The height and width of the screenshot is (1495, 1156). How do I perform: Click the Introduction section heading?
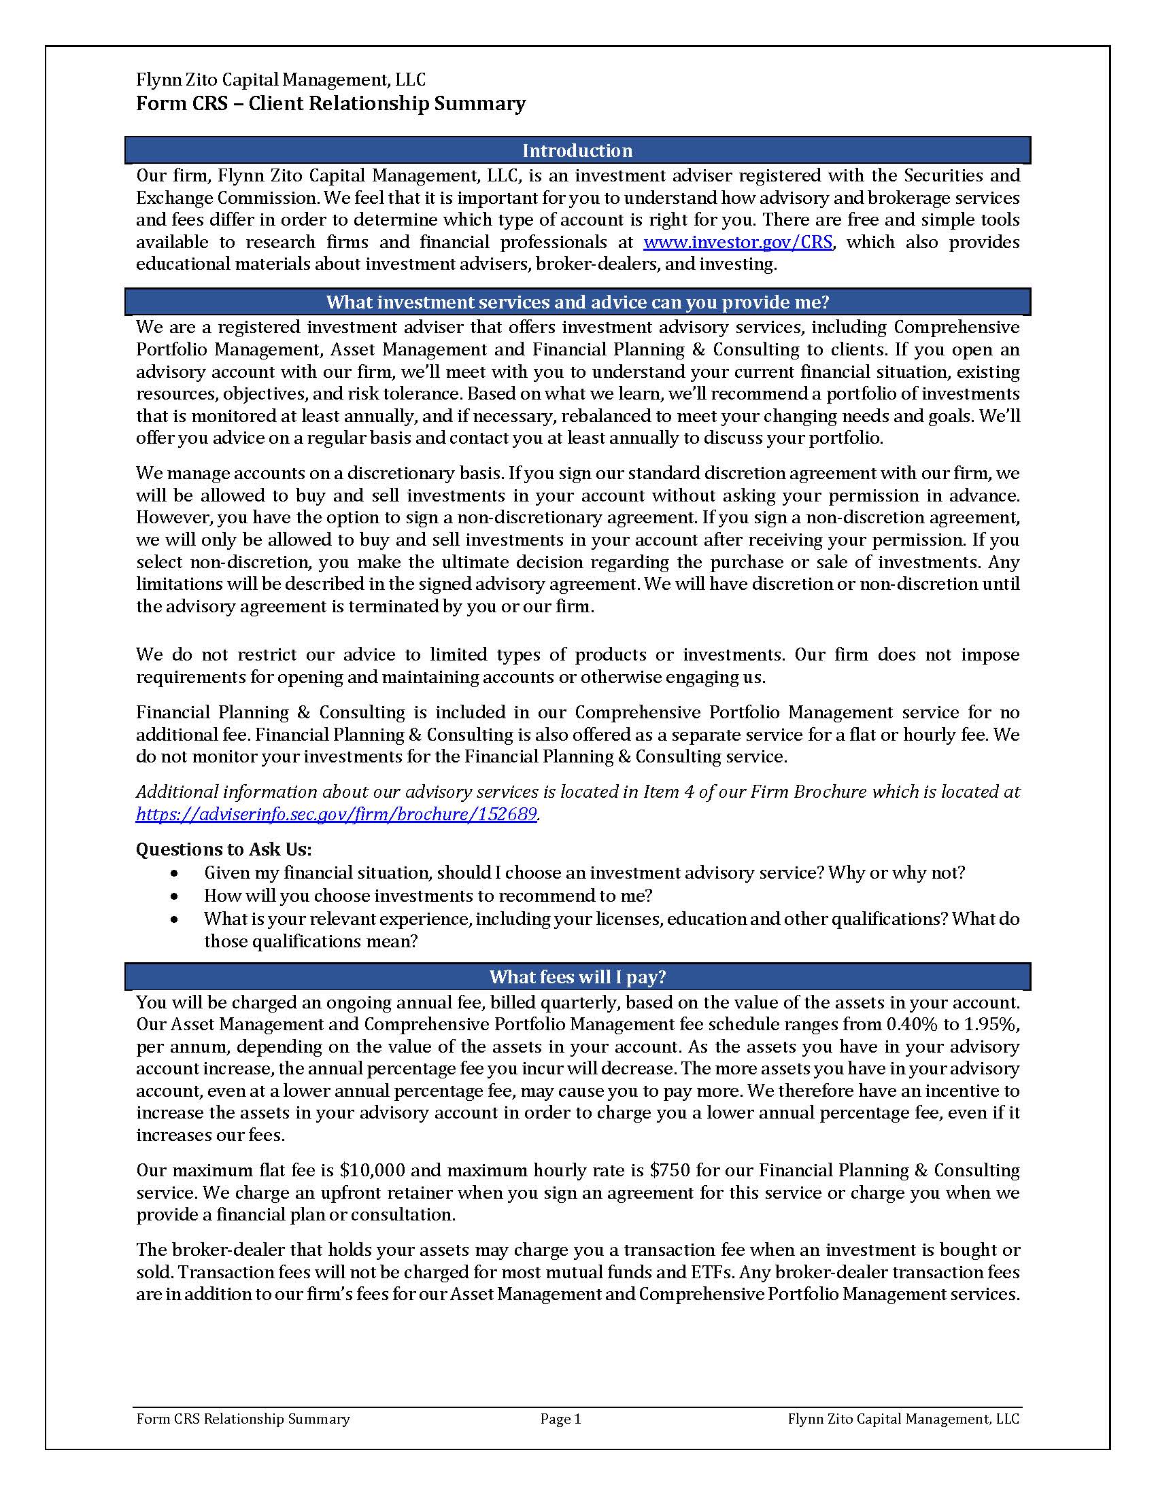577,151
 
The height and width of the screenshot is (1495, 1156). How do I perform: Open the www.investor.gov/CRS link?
738,243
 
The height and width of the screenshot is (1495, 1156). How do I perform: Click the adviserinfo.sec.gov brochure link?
335,814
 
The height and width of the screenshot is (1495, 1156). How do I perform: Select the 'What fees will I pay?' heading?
577,977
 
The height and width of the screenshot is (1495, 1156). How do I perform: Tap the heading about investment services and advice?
577,302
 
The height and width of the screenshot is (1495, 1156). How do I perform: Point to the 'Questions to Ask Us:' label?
223,849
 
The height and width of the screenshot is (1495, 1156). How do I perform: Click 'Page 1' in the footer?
560,1419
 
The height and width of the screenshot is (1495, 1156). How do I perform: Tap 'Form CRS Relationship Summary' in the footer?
243,1419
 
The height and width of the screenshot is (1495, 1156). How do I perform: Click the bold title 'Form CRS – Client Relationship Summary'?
330,103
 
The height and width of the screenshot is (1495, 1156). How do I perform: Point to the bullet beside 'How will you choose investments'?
175,896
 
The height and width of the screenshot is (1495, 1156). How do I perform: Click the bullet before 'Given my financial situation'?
175,873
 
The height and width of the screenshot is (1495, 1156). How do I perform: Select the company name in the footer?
902,1419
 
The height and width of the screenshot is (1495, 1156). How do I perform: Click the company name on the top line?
280,80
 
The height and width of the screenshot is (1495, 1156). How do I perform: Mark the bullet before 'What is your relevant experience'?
175,919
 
